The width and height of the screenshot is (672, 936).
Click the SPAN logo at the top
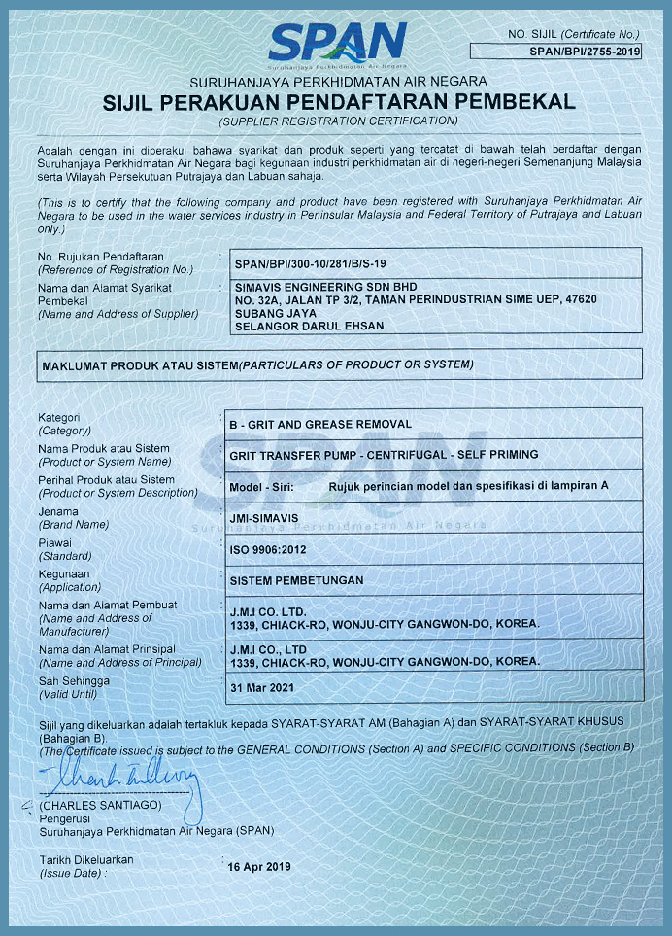[337, 44]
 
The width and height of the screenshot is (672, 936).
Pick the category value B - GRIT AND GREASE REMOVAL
[319, 424]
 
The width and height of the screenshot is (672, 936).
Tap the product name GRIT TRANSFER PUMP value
[383, 454]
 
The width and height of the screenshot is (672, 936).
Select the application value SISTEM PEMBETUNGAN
[295, 579]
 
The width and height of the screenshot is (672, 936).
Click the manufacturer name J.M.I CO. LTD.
[268, 611]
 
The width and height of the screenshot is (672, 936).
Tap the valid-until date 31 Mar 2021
[260, 687]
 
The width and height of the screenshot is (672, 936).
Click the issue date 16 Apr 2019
[258, 866]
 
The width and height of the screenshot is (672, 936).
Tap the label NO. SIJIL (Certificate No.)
[574, 35]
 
